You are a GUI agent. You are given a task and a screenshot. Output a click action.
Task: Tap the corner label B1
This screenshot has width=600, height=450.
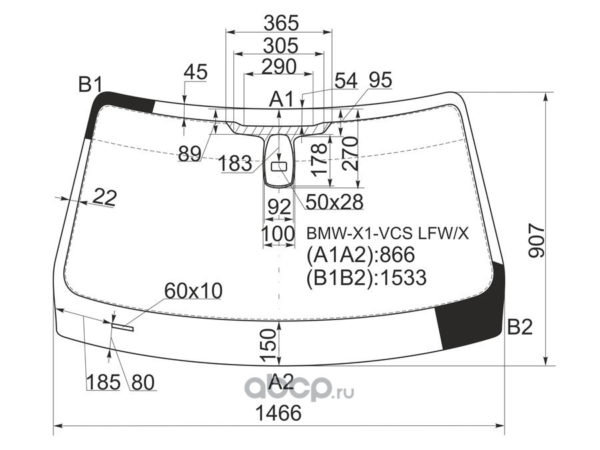click(91, 85)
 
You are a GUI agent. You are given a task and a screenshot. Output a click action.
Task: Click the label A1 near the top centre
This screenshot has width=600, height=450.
click(281, 99)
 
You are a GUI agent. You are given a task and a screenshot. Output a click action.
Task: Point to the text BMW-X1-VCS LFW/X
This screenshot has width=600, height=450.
click(387, 233)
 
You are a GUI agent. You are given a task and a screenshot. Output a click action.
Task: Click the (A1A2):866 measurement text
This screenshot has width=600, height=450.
click(360, 255)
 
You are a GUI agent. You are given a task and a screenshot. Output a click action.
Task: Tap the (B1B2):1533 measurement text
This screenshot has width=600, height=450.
click(366, 277)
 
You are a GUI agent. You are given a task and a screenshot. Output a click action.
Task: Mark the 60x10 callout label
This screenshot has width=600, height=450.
click(193, 291)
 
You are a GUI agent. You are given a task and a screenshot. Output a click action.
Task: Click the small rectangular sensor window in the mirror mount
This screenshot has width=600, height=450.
click(279, 164)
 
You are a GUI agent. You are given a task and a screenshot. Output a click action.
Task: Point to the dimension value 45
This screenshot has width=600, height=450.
click(195, 71)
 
